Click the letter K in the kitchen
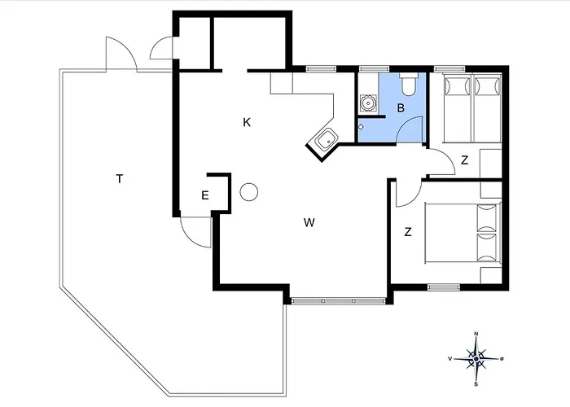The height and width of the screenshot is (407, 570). coord(247,122)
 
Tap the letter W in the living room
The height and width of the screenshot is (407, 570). coord(309,222)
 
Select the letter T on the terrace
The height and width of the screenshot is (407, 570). coord(119,179)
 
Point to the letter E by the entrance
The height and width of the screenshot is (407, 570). coord(205,195)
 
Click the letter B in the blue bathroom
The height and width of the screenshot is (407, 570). coord(401,108)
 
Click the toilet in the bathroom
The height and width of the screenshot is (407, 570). coord(409,84)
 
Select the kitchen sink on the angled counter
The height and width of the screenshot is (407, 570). coord(327,139)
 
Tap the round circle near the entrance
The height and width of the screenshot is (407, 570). coord(249,191)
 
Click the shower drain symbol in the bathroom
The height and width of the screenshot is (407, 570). coord(367,103)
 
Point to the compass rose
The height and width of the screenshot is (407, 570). coord(476,359)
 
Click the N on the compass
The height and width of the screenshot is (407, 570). coord(476,334)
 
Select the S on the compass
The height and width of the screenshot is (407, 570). coord(476,384)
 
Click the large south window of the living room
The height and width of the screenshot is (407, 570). coord(339,301)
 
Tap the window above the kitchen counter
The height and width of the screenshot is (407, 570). coord(321,68)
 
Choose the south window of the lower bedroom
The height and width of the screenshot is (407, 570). coord(443,287)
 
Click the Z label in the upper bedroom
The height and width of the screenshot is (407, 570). coord(465,160)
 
